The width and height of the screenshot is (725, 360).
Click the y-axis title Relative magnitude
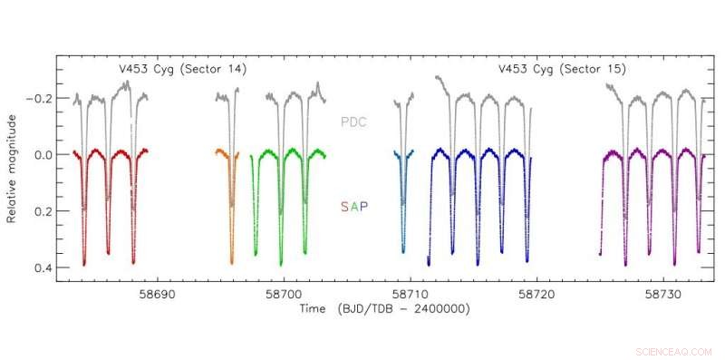pyautogui.click(x=13, y=169)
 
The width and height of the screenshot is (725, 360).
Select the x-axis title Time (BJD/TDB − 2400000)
pyautogui.click(x=386, y=309)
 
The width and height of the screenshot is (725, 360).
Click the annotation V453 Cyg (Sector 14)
pyautogui.click(x=183, y=69)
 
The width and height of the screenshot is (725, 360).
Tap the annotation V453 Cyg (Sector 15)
pyautogui.click(x=562, y=69)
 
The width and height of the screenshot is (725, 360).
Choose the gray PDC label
pyautogui.click(x=354, y=122)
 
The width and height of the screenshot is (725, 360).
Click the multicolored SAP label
pyautogui.click(x=354, y=207)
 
